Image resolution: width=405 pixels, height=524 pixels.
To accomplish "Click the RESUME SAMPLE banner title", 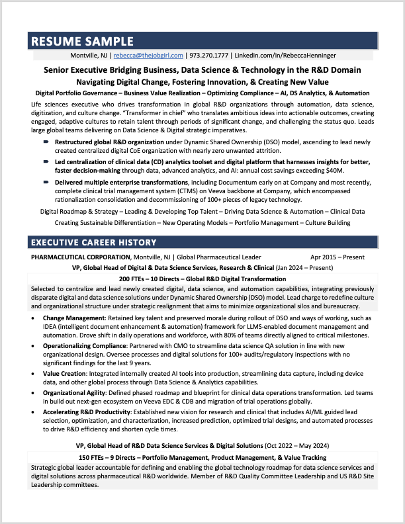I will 83,41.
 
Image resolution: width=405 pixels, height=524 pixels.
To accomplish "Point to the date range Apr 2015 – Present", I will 337,257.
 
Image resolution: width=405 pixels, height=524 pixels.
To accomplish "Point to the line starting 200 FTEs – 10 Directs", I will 202,279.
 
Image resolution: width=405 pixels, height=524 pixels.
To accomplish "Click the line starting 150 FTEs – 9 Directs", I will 202,458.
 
